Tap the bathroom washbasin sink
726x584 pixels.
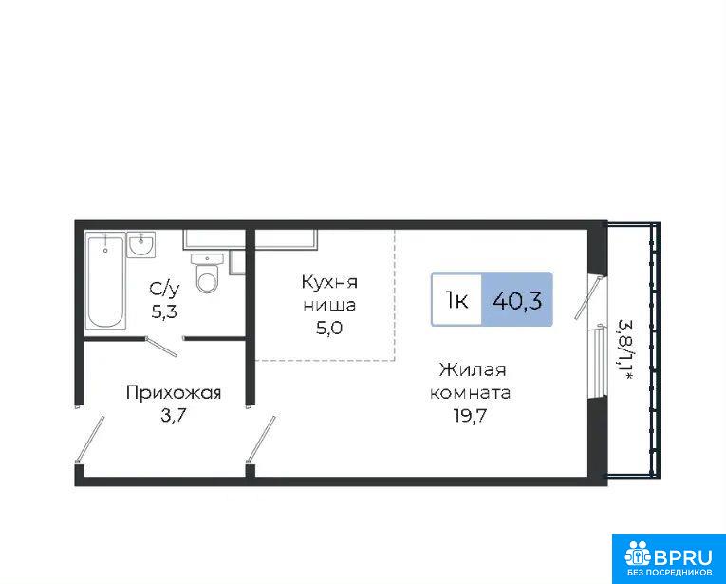click(x=141, y=245)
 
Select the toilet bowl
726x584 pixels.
click(x=207, y=273)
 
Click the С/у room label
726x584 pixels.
click(x=164, y=290)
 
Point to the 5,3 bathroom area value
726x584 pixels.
click(x=164, y=312)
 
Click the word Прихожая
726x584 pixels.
click(x=174, y=393)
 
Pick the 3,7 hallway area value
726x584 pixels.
click(x=173, y=415)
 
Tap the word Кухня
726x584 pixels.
click(x=329, y=282)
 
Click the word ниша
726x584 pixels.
click(x=329, y=305)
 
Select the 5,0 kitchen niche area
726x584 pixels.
click(x=329, y=328)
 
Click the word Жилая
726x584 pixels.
click(x=473, y=370)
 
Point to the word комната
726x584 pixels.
click(x=471, y=393)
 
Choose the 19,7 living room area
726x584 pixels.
click(x=471, y=416)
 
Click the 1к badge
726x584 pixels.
click(x=456, y=300)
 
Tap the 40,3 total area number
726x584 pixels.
click(x=517, y=301)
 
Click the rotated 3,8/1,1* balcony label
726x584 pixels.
click(x=626, y=349)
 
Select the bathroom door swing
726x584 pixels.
click(x=161, y=347)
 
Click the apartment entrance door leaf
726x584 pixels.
click(x=90, y=439)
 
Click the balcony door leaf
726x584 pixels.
click(x=589, y=297)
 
